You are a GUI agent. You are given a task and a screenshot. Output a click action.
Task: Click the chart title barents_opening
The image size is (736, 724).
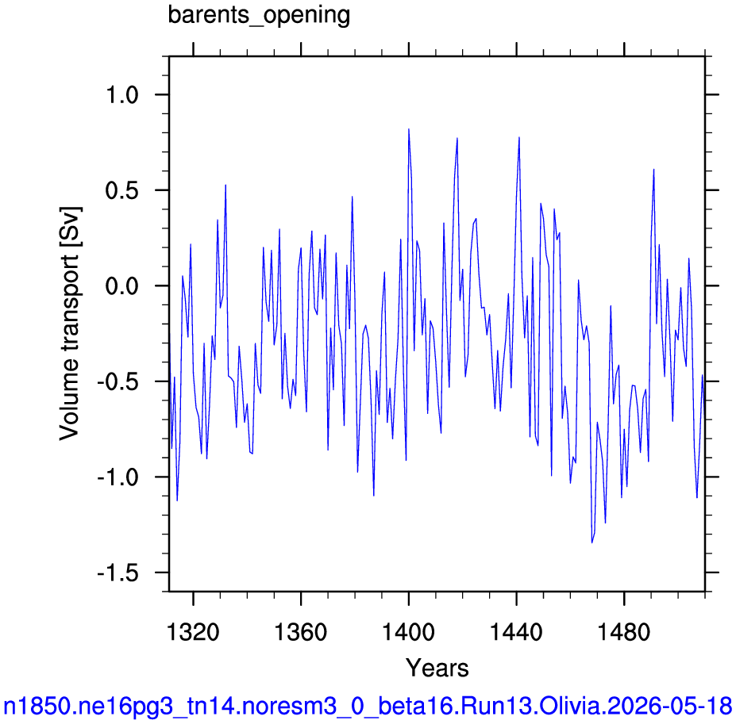(x=259, y=15)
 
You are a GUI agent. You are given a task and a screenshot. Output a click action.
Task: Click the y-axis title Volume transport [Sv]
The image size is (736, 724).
(x=69, y=324)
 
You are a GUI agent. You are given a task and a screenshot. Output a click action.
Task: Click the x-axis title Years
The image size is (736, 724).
(x=437, y=668)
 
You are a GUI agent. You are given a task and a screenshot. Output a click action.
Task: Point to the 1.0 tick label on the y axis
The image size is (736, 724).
(x=122, y=94)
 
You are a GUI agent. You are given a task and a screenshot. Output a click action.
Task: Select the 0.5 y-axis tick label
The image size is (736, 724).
(x=122, y=190)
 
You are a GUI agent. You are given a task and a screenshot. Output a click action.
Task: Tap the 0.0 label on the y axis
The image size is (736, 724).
(x=122, y=286)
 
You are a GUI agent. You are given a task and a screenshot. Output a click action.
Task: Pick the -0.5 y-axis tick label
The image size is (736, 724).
(x=118, y=381)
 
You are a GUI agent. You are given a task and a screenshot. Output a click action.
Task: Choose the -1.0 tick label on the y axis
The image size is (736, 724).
(x=118, y=477)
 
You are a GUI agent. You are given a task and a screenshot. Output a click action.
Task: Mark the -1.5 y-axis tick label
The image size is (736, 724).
(x=118, y=573)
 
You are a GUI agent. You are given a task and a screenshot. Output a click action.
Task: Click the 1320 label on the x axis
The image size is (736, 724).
(x=193, y=632)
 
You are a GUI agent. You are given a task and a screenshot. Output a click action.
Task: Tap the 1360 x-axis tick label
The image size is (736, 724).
(x=300, y=632)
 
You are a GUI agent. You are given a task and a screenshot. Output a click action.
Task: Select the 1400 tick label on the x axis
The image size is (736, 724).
(x=409, y=632)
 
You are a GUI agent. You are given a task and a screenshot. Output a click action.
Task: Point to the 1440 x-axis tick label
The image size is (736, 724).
(x=516, y=632)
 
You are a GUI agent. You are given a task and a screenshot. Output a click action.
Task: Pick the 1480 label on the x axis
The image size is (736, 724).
(x=624, y=632)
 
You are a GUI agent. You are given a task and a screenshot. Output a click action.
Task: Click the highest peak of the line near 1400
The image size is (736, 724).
(x=409, y=129)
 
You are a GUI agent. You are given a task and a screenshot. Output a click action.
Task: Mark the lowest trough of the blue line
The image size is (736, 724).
(x=592, y=542)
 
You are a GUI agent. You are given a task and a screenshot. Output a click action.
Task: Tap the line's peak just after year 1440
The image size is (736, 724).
(x=519, y=137)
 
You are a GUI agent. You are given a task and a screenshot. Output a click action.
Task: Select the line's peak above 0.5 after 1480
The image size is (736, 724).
(x=653, y=169)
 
